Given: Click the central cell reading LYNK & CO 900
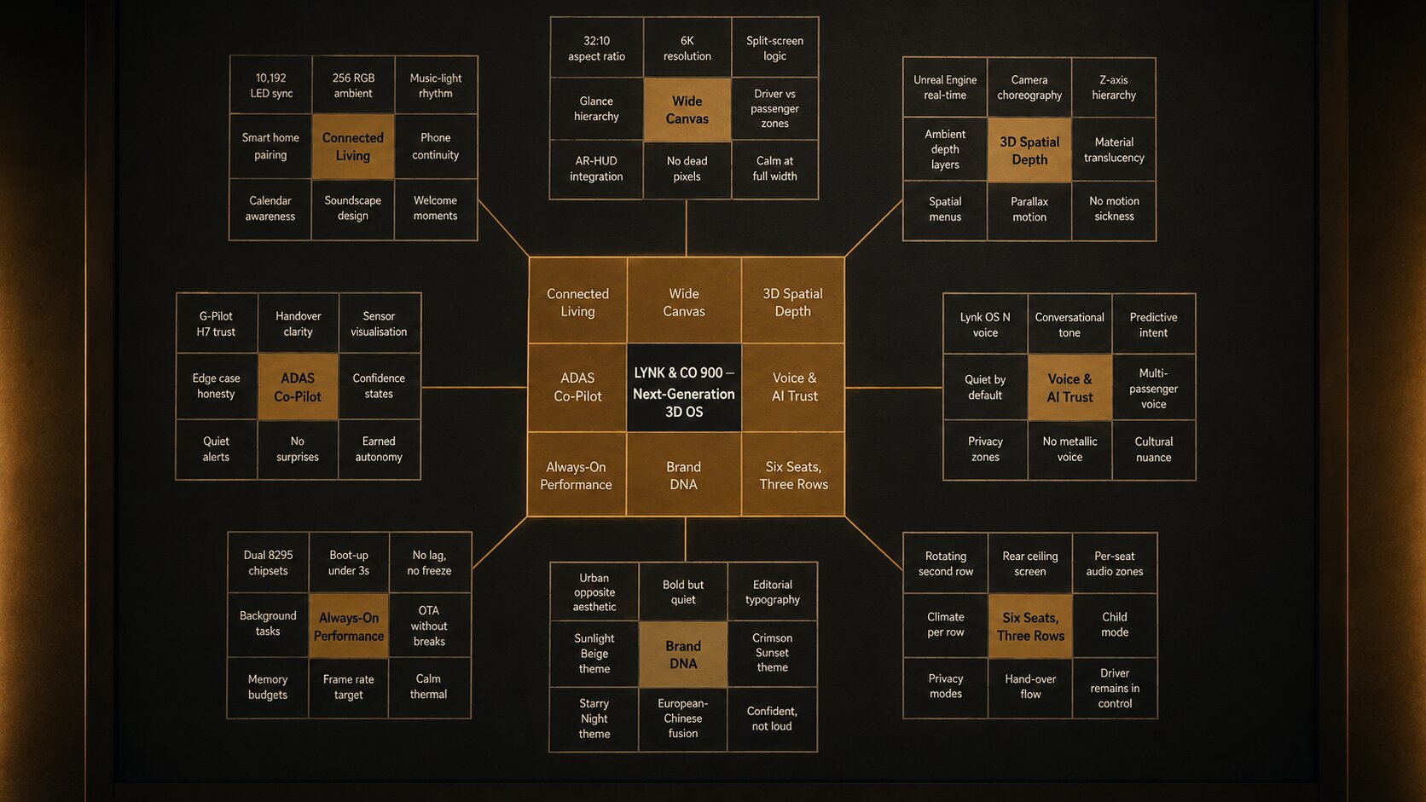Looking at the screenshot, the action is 684,387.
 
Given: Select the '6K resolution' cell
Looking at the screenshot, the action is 687,48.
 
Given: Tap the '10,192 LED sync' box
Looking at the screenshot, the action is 271,85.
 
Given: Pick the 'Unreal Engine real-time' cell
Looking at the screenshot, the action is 945,87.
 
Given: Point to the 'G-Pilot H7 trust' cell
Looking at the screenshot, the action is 217,323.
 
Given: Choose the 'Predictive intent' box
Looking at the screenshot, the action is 1153,325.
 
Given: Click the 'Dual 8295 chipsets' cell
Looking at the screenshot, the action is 268,563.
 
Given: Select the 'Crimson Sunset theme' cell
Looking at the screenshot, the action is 772,653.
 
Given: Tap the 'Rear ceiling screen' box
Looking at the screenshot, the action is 1029,563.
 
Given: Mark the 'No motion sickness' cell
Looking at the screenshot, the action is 1114,209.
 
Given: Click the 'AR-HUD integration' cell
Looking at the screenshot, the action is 596,169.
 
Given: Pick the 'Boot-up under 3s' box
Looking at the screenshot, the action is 348,563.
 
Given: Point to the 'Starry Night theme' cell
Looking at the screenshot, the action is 594,718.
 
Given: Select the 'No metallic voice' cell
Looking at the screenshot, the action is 1069,449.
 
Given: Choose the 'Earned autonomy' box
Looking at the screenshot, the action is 379,449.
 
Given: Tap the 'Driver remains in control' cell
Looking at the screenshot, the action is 1114,688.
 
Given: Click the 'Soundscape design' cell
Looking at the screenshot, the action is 353,208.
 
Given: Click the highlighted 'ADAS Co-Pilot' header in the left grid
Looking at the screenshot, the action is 298,387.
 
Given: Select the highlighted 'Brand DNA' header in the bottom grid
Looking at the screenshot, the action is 683,655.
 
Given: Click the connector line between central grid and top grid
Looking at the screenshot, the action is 686,228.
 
